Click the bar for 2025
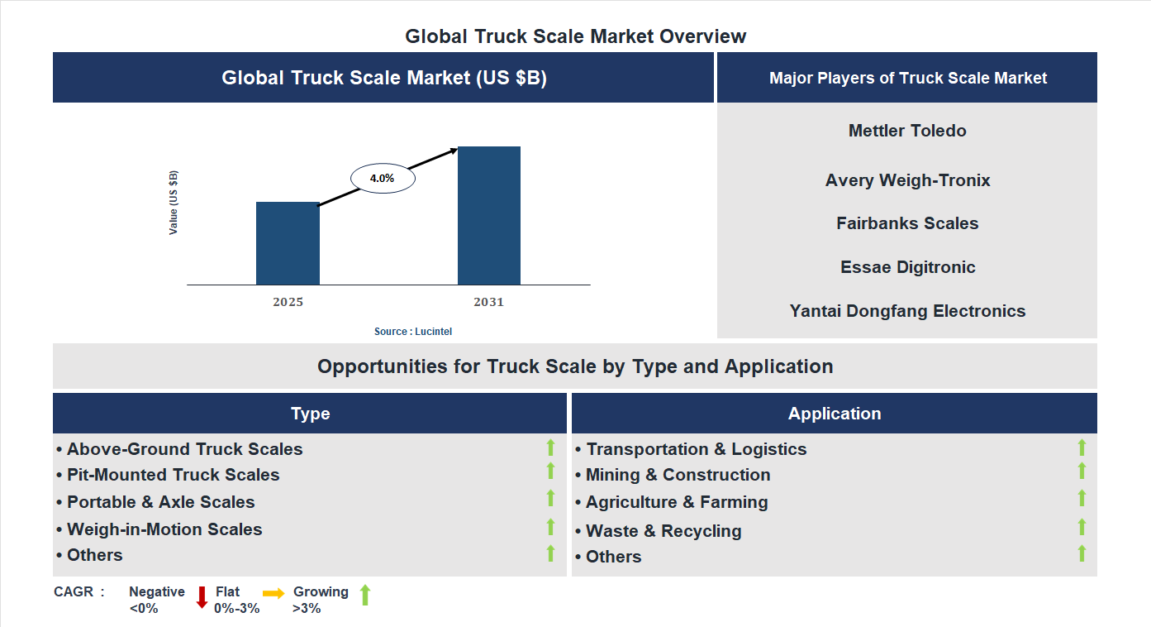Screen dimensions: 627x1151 (288, 243)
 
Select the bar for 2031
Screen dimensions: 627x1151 (489, 216)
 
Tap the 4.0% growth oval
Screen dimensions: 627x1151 (383, 178)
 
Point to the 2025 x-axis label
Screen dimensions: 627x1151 (288, 302)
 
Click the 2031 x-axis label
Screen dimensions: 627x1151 (488, 302)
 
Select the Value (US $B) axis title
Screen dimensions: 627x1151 (174, 203)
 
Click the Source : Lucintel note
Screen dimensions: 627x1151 (413, 332)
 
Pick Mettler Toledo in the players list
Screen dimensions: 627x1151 (907, 131)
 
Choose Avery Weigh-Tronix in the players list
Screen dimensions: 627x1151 (907, 180)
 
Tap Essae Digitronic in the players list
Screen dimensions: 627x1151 (907, 267)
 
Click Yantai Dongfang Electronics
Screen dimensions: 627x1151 (907, 311)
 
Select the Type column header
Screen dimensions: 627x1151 (310, 414)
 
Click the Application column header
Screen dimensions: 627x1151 (835, 414)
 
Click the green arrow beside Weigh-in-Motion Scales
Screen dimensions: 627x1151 (550, 527)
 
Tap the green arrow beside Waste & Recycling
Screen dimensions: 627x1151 (1082, 527)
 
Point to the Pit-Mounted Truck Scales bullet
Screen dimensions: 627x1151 (173, 475)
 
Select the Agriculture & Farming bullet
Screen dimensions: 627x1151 (677, 502)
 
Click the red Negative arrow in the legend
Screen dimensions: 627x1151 (202, 596)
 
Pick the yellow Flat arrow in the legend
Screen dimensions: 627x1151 (273, 593)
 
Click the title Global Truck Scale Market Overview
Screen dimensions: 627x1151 (575, 36)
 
